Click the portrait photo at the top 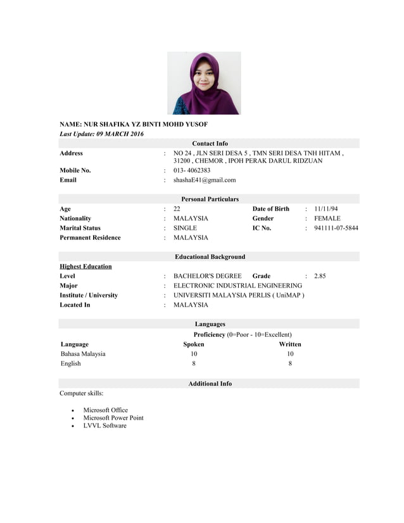[203, 83]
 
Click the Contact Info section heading [210, 144]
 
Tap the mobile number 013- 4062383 [192, 170]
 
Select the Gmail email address [205, 180]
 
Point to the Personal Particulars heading [210, 199]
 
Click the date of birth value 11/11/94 [326, 209]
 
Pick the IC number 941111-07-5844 [336, 228]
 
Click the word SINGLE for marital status [185, 228]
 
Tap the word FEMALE [327, 218]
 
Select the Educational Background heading [210, 257]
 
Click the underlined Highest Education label [85, 267]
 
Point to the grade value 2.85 [320, 276]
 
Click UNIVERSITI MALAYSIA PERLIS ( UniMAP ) [239, 295]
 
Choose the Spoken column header [194, 344]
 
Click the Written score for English [290, 363]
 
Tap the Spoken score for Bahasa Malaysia [194, 354]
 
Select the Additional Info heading [210, 384]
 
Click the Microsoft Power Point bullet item [113, 418]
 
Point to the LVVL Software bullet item [104, 425]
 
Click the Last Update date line [101, 134]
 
